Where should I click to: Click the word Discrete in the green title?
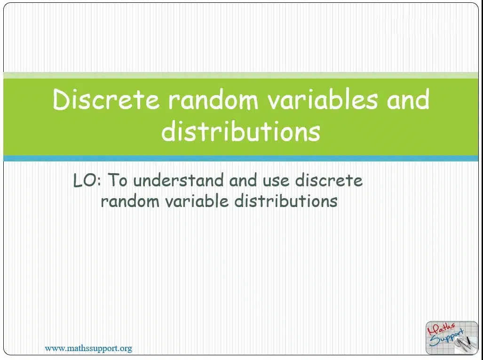point(106,99)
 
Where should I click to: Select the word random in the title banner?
point(213,101)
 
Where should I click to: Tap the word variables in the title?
point(322,99)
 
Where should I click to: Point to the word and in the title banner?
point(408,99)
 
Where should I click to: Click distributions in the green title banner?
point(241,131)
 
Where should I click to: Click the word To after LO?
point(118,180)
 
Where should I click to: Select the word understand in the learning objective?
point(178,180)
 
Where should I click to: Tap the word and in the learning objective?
point(243,180)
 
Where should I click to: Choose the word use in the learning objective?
point(276,182)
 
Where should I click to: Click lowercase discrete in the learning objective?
point(329,180)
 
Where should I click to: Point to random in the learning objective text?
point(130,201)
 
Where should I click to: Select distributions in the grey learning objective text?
point(286,201)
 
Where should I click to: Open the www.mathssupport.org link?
point(88,349)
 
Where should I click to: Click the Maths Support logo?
point(452,338)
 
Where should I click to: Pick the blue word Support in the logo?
point(447,338)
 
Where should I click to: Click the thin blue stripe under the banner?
point(241,159)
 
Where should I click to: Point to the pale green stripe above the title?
point(241,75)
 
